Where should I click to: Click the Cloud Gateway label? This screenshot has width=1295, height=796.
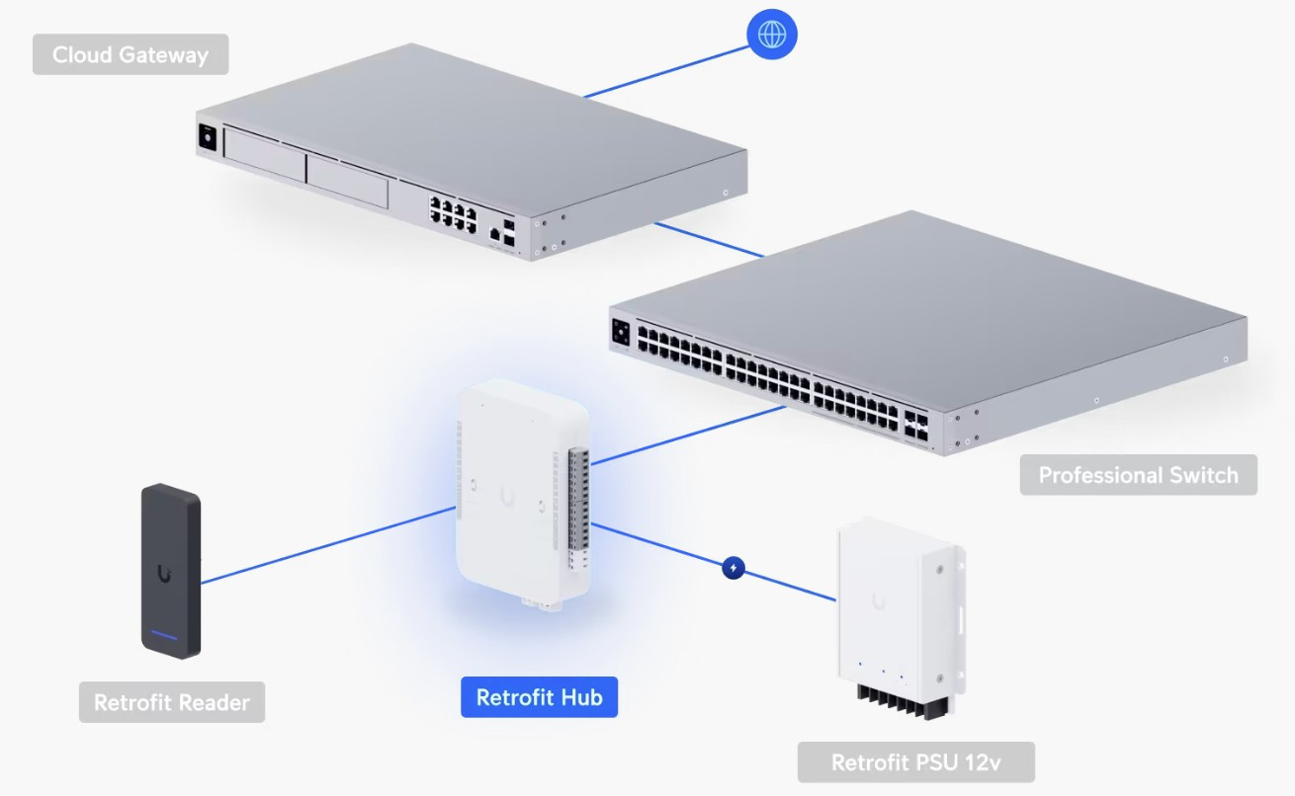pyautogui.click(x=130, y=54)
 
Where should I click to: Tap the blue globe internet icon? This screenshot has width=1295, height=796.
pyautogui.click(x=771, y=35)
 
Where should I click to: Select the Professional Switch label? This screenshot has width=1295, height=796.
pyautogui.click(x=1138, y=475)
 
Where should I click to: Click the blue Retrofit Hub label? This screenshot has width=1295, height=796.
pyautogui.click(x=539, y=697)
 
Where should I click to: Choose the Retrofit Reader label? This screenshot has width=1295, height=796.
pyautogui.click(x=172, y=702)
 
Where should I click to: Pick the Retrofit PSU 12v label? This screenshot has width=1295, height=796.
pyautogui.click(x=916, y=761)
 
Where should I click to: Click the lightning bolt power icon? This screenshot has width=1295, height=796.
pyautogui.click(x=734, y=568)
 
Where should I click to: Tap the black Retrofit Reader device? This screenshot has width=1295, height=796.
pyautogui.click(x=171, y=570)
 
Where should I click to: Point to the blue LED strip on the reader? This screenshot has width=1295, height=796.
pyautogui.click(x=165, y=633)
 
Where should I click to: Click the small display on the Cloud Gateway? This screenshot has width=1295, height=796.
pyautogui.click(x=209, y=137)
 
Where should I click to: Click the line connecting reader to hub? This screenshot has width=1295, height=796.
pyautogui.click(x=326, y=545)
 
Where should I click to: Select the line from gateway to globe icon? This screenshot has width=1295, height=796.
pyautogui.click(x=664, y=71)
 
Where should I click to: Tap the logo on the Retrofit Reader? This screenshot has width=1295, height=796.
pyautogui.click(x=164, y=572)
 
